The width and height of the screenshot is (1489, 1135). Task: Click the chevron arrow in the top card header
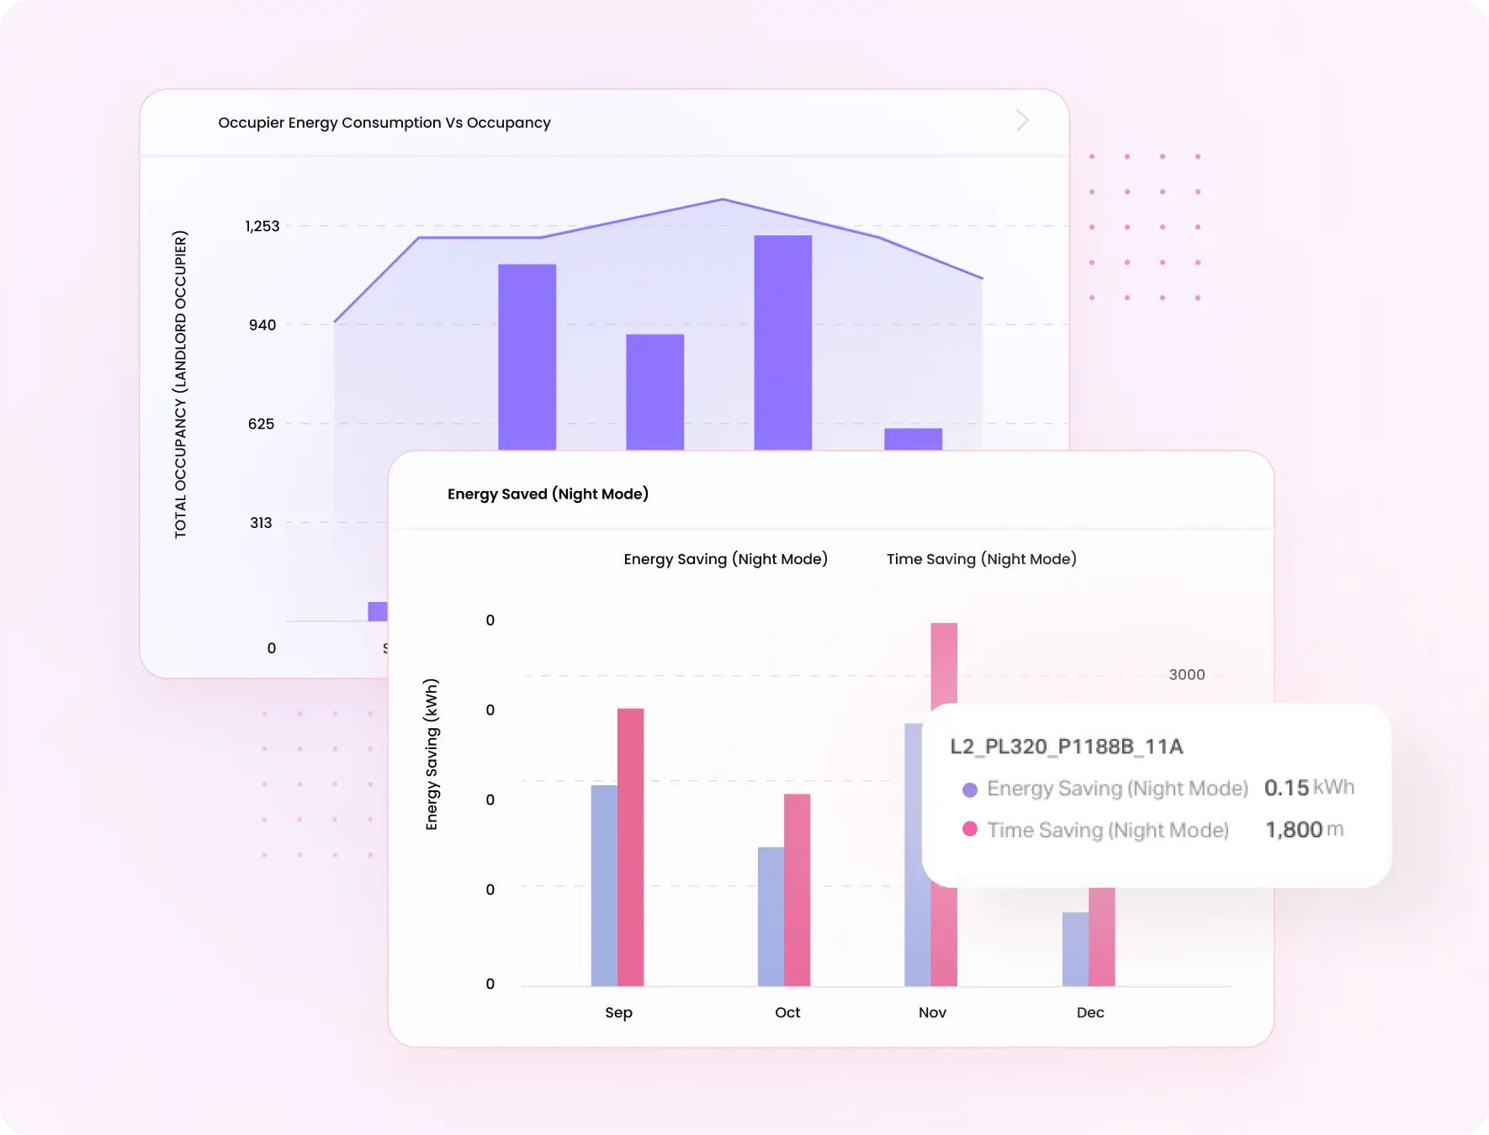click(x=1022, y=120)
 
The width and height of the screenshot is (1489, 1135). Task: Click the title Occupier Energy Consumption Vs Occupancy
click(x=384, y=123)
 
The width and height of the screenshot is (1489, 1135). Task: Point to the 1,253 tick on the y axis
click(x=262, y=226)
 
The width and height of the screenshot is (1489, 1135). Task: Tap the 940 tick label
click(x=262, y=325)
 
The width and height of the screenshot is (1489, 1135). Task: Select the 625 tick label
click(x=261, y=424)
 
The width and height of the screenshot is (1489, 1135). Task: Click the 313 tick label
click(x=261, y=523)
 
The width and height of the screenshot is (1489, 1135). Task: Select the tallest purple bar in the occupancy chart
click(x=782, y=345)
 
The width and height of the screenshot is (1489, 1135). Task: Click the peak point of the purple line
click(x=723, y=200)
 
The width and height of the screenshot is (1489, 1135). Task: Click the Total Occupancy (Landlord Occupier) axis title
click(x=181, y=384)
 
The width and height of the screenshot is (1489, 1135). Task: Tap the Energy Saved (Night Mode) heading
click(x=548, y=494)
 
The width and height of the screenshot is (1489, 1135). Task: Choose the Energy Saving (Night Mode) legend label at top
click(x=725, y=559)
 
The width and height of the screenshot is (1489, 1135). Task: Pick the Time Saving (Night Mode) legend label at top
click(x=981, y=559)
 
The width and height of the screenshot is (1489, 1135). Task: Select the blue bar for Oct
click(x=771, y=916)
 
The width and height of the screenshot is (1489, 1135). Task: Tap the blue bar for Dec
click(x=1075, y=950)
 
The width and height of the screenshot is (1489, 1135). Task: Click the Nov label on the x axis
click(x=932, y=1012)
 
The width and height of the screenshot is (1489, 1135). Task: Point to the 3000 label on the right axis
click(x=1186, y=675)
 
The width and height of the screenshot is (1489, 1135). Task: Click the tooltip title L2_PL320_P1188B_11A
click(x=1066, y=747)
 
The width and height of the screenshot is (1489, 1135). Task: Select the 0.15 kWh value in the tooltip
click(x=1308, y=788)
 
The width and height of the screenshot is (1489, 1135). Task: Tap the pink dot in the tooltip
click(x=970, y=829)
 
